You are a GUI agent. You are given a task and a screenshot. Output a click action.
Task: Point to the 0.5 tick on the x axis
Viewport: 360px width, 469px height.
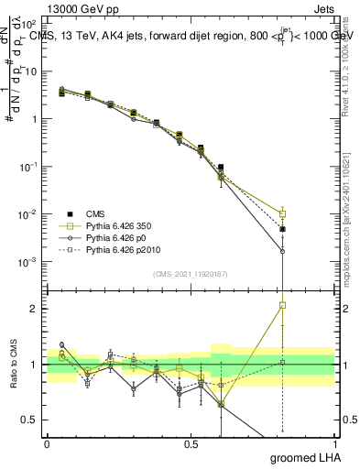pyautogui.click(x=191, y=444)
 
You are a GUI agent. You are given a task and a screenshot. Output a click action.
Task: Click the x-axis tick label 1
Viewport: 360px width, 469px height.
pyautogui.click(x=334, y=444)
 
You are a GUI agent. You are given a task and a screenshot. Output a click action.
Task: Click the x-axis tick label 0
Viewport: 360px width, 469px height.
pyautogui.click(x=47, y=444)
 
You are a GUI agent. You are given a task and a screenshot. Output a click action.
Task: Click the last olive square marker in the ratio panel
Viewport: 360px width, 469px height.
pyautogui.click(x=283, y=305)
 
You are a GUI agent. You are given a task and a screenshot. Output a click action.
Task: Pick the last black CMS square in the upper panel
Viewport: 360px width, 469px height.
pyautogui.click(x=283, y=229)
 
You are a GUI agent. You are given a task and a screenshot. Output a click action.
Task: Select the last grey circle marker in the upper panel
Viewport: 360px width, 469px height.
pyautogui.click(x=283, y=251)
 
